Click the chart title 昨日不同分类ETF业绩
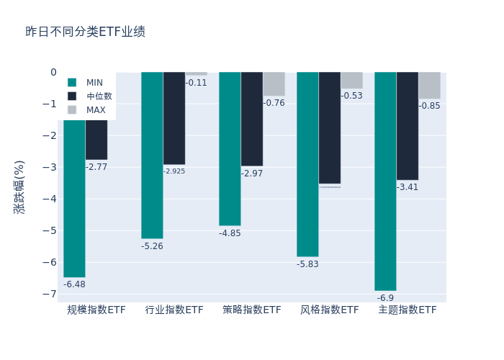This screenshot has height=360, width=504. [85, 32]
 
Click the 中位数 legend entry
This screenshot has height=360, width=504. [99, 96]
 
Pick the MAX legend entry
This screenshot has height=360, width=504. [95, 110]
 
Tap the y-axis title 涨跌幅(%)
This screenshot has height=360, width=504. [19, 186]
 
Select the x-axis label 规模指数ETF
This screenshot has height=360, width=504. [96, 310]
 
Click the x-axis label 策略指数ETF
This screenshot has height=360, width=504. [252, 310]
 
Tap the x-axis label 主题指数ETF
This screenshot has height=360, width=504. [408, 310]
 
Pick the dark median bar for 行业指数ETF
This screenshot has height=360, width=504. [174, 118]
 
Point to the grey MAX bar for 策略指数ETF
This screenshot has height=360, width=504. [274, 84]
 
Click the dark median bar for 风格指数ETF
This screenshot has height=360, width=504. [330, 127]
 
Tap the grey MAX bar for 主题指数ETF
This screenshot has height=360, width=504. [429, 85]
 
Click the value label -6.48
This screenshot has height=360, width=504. [74, 285]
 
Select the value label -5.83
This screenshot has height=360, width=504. [307, 264]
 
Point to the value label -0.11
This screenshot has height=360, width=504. [196, 83]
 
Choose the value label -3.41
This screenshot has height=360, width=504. [408, 187]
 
